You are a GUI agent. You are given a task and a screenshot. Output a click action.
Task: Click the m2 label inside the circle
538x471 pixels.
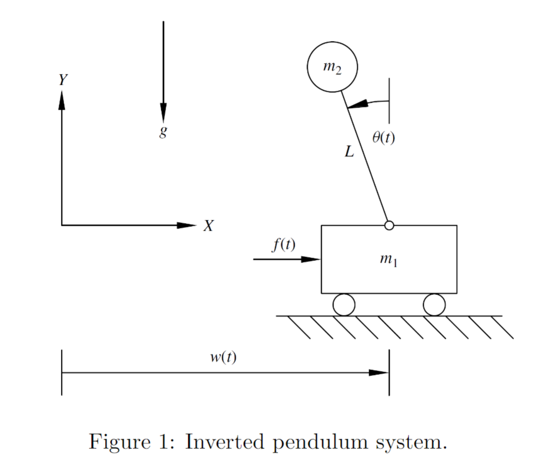tap(332, 68)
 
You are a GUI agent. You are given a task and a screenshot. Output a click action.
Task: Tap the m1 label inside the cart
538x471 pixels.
tap(389, 260)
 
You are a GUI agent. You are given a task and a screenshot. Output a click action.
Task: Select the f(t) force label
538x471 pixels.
tap(283, 245)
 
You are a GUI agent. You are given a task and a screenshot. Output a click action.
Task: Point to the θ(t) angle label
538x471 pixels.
tap(383, 138)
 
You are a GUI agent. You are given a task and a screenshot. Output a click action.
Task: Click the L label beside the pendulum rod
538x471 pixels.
tap(350, 152)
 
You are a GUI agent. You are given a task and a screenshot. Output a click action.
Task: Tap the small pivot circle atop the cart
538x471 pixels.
tap(389, 225)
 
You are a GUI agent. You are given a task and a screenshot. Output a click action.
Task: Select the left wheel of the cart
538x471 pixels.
tap(344, 305)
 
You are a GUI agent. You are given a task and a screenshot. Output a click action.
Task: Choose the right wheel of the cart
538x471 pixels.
tap(434, 305)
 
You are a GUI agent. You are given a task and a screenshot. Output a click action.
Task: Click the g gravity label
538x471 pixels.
tap(162, 132)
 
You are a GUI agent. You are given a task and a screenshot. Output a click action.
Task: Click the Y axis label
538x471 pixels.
tap(63, 80)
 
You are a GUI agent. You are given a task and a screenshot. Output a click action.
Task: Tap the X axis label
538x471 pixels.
tap(208, 226)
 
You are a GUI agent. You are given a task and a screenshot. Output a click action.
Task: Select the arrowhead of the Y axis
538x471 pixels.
tap(62, 99)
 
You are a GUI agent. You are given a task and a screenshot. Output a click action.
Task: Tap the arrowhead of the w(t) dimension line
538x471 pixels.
tap(379, 373)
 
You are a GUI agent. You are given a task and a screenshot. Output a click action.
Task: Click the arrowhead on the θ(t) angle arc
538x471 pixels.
tap(357, 104)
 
